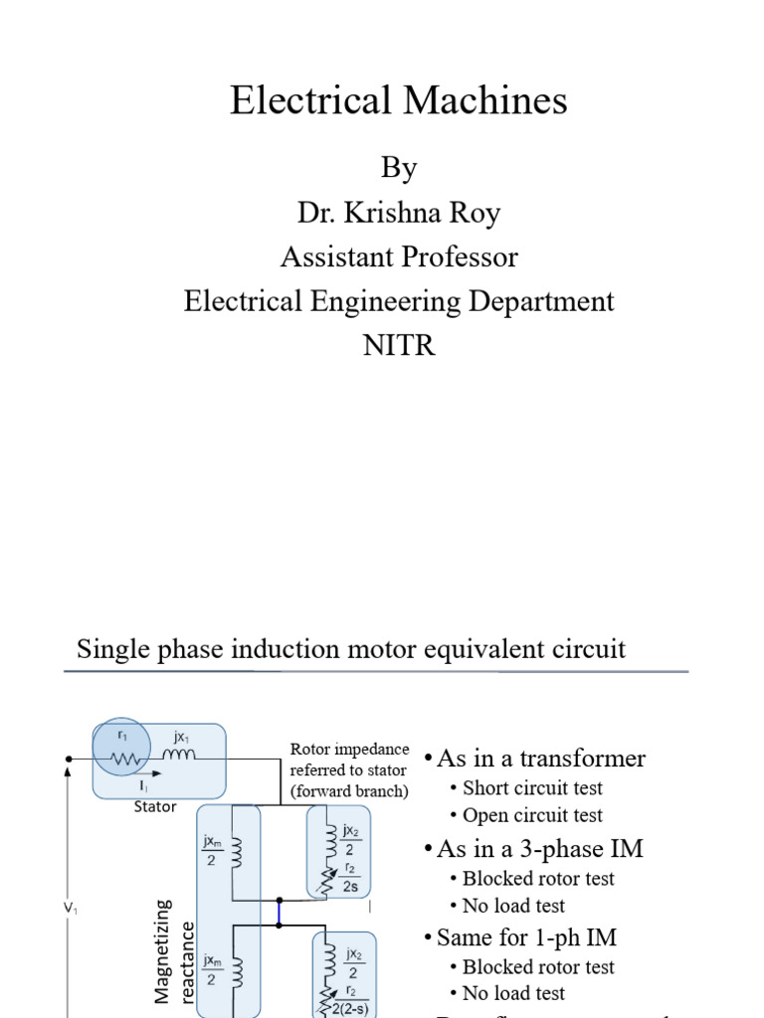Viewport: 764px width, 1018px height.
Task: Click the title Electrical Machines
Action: point(398,100)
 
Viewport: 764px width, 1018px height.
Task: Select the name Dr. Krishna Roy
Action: point(398,213)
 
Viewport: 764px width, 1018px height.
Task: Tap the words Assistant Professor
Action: point(398,256)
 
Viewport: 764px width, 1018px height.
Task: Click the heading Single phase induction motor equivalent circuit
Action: point(351,649)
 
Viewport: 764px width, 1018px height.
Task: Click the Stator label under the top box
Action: point(155,806)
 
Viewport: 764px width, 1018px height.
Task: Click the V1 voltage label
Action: point(70,908)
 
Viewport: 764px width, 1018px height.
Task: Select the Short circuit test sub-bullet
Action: point(532,788)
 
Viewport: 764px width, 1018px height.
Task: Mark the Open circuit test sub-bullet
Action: point(532,815)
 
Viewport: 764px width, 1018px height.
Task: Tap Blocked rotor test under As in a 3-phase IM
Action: point(538,879)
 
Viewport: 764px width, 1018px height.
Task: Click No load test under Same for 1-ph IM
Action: point(513,993)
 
